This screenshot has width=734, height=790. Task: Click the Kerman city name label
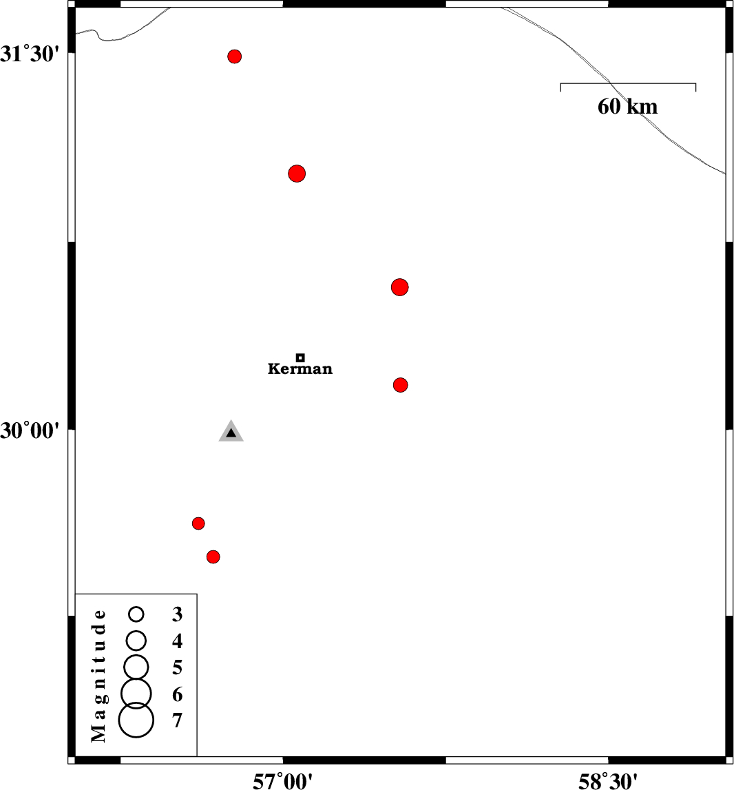coord(300,368)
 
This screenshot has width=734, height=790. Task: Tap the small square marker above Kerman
coord(300,357)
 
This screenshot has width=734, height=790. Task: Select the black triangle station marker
coord(231,431)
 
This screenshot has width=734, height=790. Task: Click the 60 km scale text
coord(628,106)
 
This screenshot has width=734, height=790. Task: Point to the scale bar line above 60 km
coord(628,83)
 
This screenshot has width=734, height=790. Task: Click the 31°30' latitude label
coord(30,54)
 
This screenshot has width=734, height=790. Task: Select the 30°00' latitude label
coord(30,430)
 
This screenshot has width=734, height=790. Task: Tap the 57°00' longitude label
coord(282,781)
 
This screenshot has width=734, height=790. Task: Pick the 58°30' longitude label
coord(608,781)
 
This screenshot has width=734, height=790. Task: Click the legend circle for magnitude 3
coord(136,614)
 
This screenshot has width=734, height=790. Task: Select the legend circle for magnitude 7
coord(136,720)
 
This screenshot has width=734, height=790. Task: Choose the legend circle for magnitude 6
coord(136,694)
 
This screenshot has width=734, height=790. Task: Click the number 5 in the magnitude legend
coord(178,667)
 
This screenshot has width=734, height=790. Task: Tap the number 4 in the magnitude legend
coord(178,641)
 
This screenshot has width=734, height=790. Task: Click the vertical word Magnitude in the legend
coord(99,676)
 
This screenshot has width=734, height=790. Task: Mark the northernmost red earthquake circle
coord(234,56)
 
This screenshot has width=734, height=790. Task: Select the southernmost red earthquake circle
coord(213,557)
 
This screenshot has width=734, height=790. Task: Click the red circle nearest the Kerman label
coord(400,385)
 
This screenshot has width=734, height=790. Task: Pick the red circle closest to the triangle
coord(198,523)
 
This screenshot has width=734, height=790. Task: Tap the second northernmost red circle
coord(297,174)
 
